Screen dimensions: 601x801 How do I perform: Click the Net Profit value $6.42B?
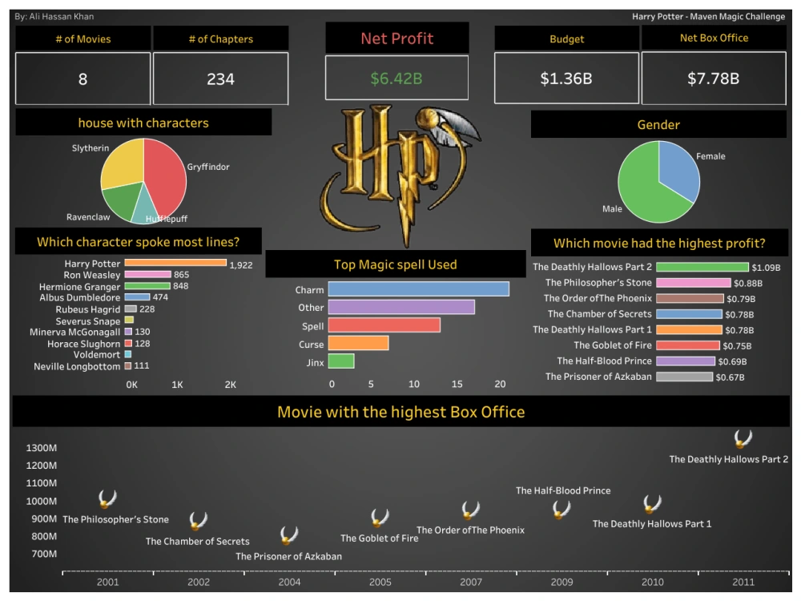coord(396,79)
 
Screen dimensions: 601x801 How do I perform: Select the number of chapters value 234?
coord(220,79)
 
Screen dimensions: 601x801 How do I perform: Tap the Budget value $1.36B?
coord(566,79)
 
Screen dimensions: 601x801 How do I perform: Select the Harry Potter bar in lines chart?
coord(175,263)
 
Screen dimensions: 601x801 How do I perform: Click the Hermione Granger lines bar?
coord(147,286)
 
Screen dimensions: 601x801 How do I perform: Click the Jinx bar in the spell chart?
coord(341,361)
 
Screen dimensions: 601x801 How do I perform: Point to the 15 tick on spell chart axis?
coord(456,384)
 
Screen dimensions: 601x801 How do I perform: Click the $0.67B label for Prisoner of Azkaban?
coord(730,377)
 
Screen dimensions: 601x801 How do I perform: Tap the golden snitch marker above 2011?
coord(743,438)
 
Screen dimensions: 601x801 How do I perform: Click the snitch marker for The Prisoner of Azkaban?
coord(289,535)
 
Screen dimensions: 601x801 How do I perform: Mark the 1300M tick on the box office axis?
coord(41,448)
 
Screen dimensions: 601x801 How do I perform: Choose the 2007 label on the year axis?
coord(471,583)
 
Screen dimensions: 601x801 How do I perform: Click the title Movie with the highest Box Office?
coord(400,412)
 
